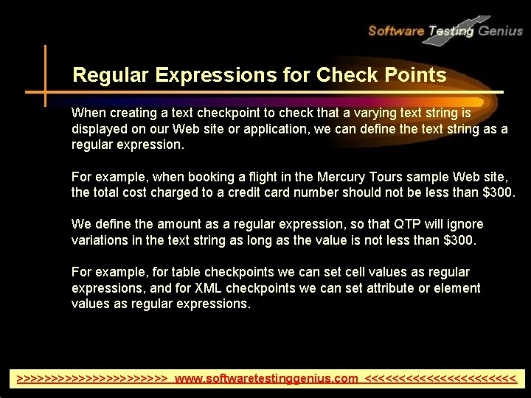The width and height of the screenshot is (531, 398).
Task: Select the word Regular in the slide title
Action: [103, 75]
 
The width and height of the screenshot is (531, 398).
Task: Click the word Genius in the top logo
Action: [500, 31]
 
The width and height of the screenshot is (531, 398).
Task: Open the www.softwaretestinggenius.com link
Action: [266, 379]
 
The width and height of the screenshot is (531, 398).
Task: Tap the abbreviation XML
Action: [214, 288]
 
